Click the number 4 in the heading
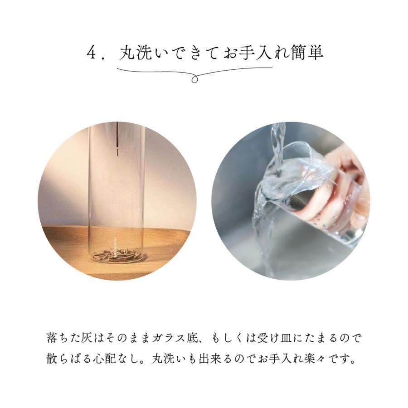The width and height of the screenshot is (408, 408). tap(91, 53)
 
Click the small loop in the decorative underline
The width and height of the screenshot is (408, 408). tap(194, 79)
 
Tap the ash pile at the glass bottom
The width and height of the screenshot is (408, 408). tap(116, 254)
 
